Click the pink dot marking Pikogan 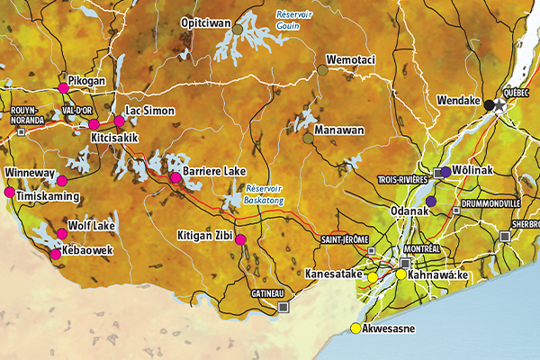[63, 87]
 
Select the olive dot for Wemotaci [322, 69]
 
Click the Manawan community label [338, 130]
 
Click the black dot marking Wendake [489, 105]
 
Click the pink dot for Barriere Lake [175, 178]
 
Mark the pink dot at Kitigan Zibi [240, 238]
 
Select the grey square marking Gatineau [284, 307]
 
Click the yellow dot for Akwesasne [355, 328]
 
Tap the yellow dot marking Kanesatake [372, 278]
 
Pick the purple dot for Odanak [431, 201]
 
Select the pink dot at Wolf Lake [62, 234]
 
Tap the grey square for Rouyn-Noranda [21, 131]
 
